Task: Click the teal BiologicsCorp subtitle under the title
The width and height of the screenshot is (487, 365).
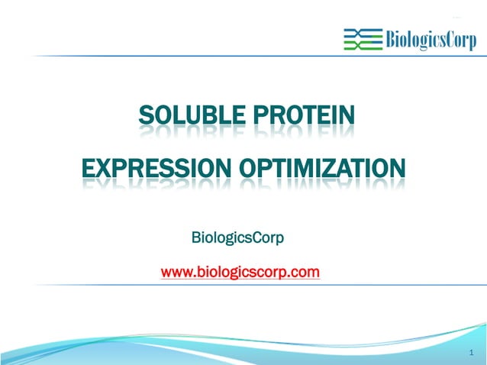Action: coord(237,238)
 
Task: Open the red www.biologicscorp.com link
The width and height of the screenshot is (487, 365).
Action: coord(240,272)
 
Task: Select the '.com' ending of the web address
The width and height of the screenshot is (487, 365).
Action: coord(305,272)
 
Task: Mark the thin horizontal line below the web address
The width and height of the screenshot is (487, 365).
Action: coord(243,285)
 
